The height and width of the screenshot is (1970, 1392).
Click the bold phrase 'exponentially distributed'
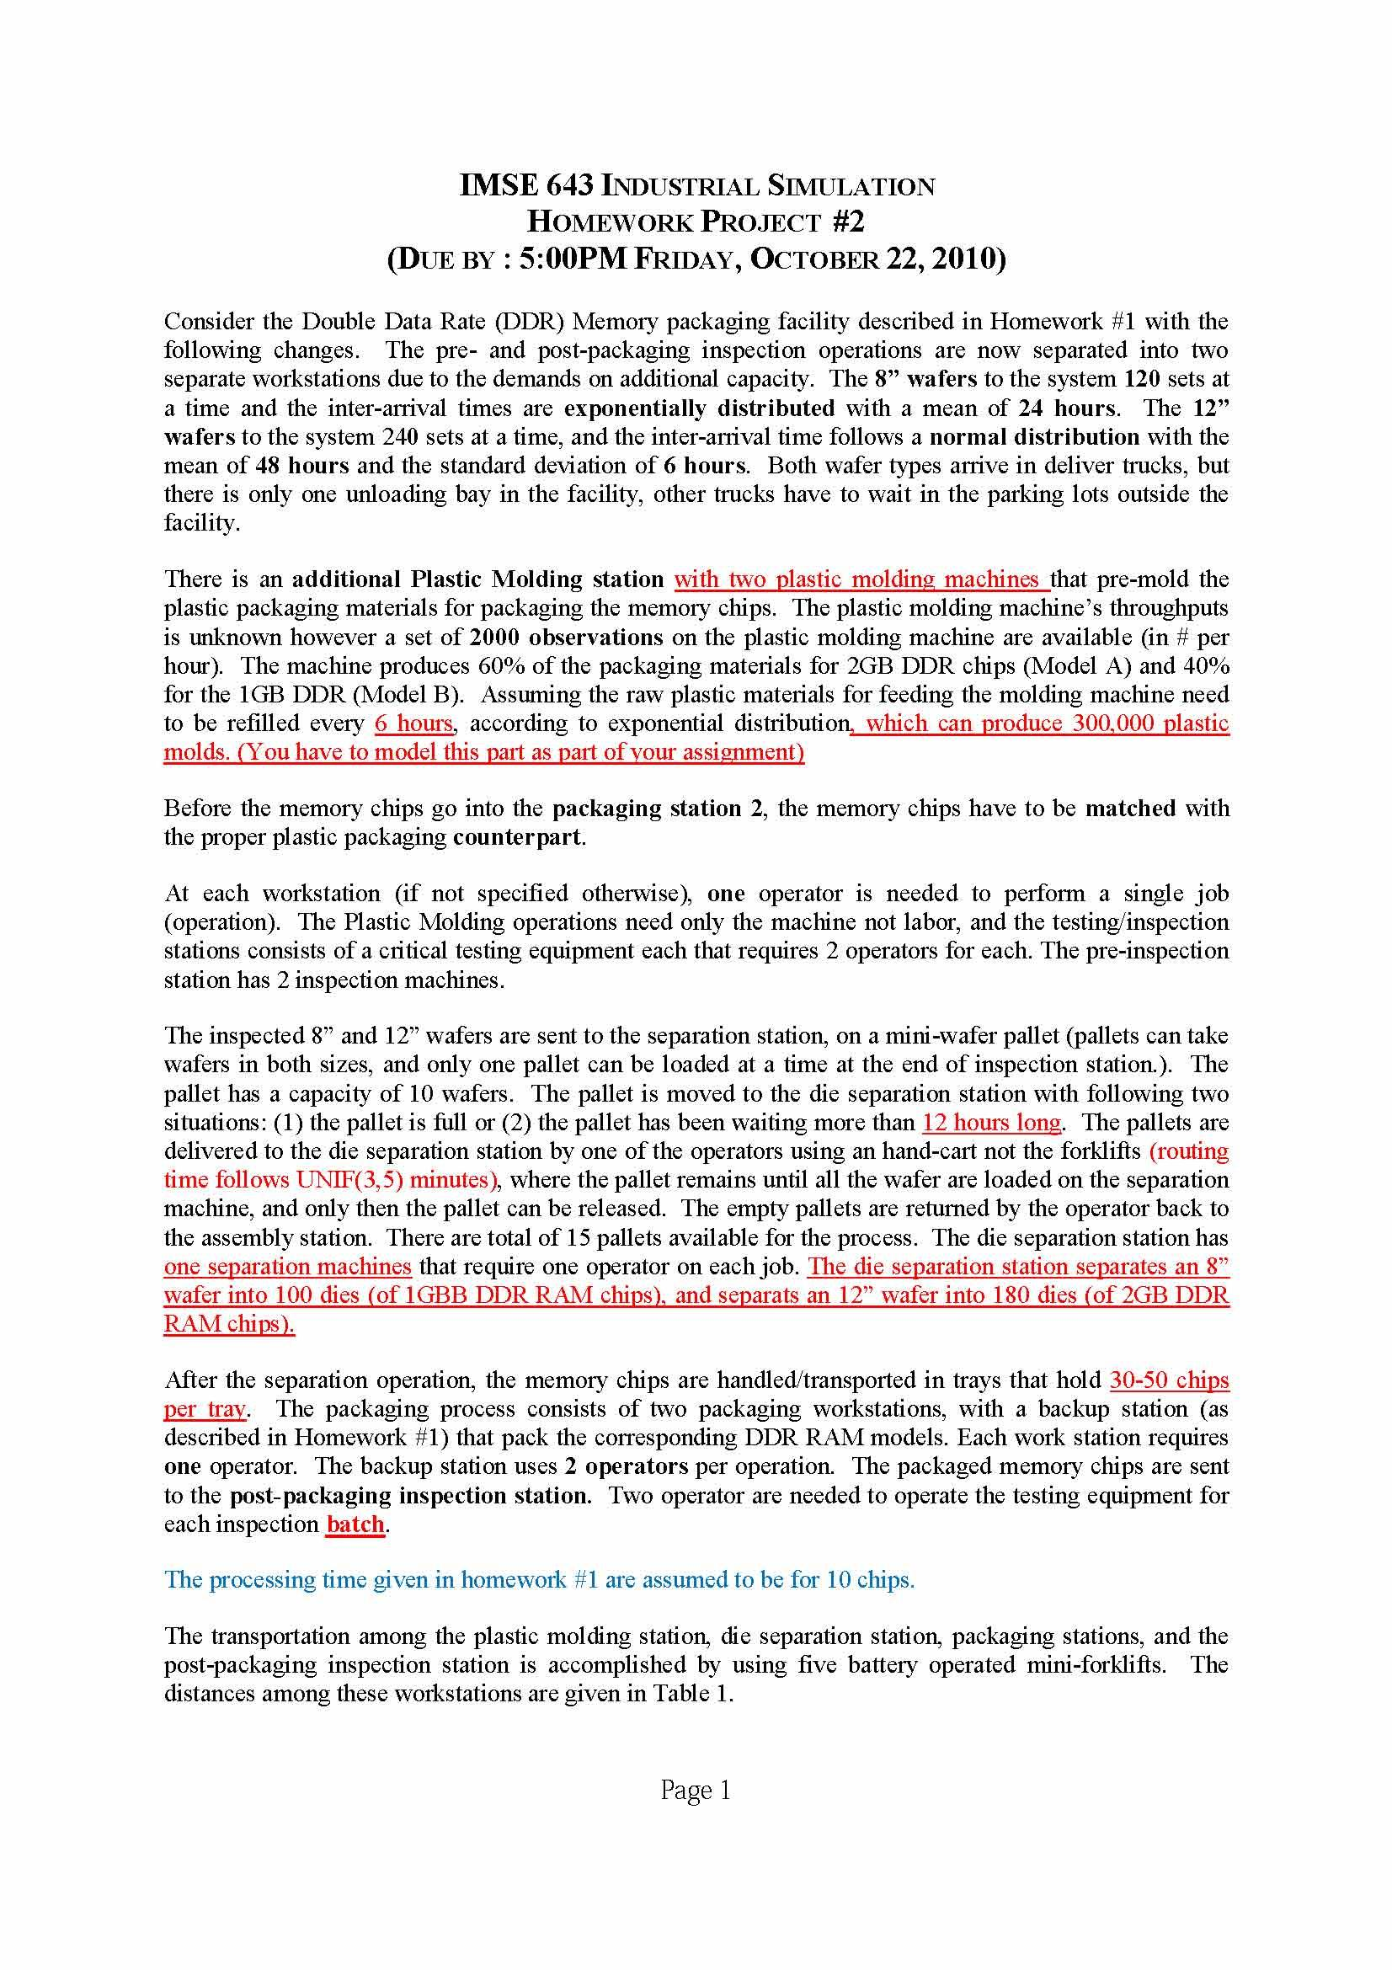click(699, 408)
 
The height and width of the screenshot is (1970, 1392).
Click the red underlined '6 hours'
click(413, 723)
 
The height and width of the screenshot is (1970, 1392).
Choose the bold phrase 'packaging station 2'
click(658, 809)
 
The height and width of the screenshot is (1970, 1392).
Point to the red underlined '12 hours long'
click(991, 1122)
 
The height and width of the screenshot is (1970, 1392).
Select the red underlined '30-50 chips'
click(1169, 1380)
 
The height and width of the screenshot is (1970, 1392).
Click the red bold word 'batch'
click(355, 1524)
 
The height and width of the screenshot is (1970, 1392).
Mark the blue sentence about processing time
click(540, 1579)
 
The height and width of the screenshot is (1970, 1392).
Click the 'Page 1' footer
click(695, 1790)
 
